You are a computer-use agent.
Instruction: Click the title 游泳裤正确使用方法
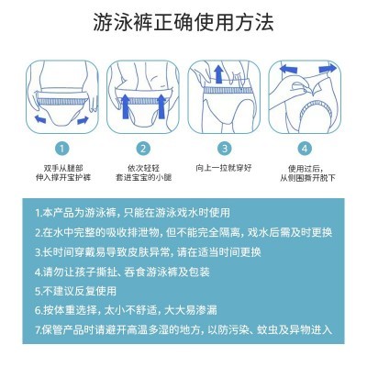(x=183, y=22)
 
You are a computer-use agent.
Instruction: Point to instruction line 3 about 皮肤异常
(x=172, y=252)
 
